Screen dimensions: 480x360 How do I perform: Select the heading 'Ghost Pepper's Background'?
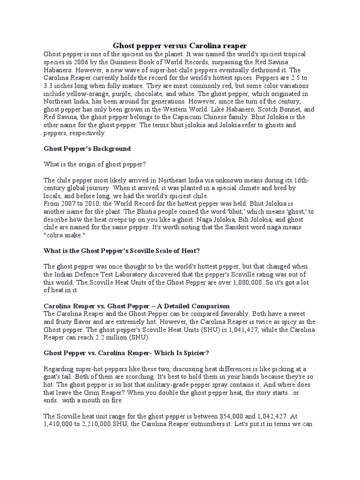click(x=87, y=149)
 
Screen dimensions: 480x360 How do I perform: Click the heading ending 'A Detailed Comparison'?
click(x=136, y=307)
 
